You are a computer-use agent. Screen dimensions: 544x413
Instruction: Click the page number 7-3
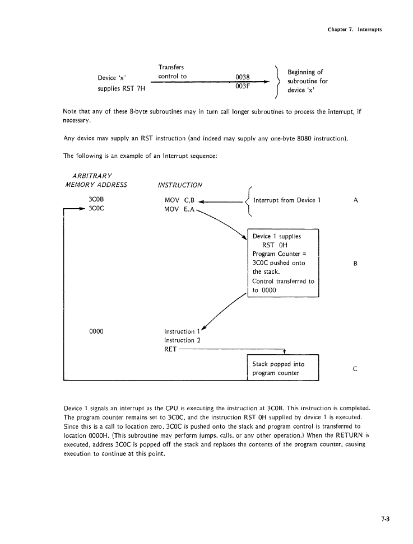(x=384, y=518)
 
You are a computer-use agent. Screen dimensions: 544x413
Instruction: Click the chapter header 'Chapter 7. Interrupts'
(x=355, y=29)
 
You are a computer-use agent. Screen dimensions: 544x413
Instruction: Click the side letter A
(x=356, y=199)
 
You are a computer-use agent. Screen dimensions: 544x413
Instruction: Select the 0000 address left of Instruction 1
(x=96, y=331)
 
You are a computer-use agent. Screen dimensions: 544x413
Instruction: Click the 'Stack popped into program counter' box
(x=282, y=368)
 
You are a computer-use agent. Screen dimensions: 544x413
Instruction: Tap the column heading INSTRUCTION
(x=180, y=185)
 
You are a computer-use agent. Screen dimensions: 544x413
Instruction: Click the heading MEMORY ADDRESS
(x=96, y=185)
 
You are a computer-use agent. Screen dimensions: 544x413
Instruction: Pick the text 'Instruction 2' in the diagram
(x=182, y=340)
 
